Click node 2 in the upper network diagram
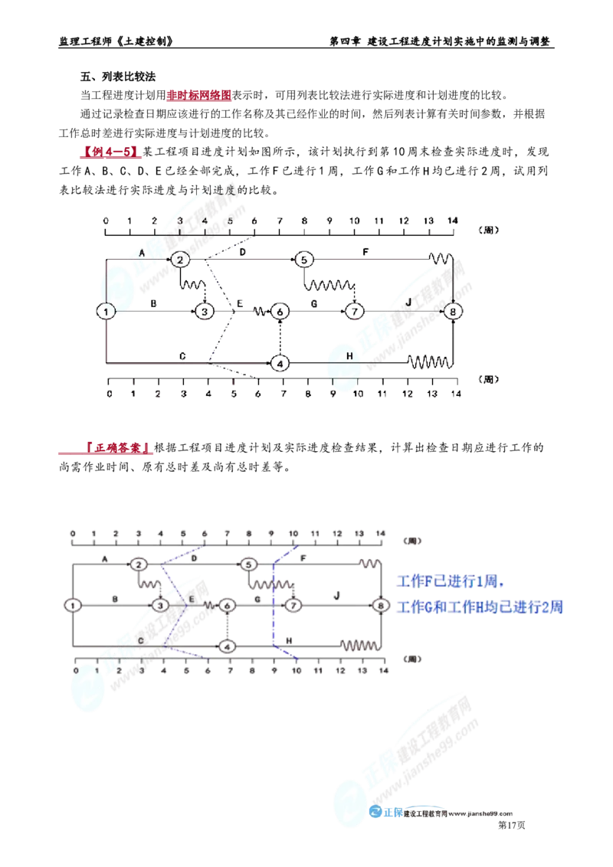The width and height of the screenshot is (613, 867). [x=179, y=260]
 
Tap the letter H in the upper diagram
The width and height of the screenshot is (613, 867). [x=350, y=356]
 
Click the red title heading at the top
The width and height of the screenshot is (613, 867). [x=198, y=96]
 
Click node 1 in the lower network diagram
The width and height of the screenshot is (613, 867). [x=72, y=605]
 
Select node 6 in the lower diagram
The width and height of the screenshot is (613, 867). [x=226, y=646]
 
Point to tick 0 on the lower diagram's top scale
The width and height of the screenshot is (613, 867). [x=72, y=532]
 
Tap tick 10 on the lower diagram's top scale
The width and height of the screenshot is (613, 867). [x=293, y=532]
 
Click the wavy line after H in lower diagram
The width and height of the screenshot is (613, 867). [x=359, y=645]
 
